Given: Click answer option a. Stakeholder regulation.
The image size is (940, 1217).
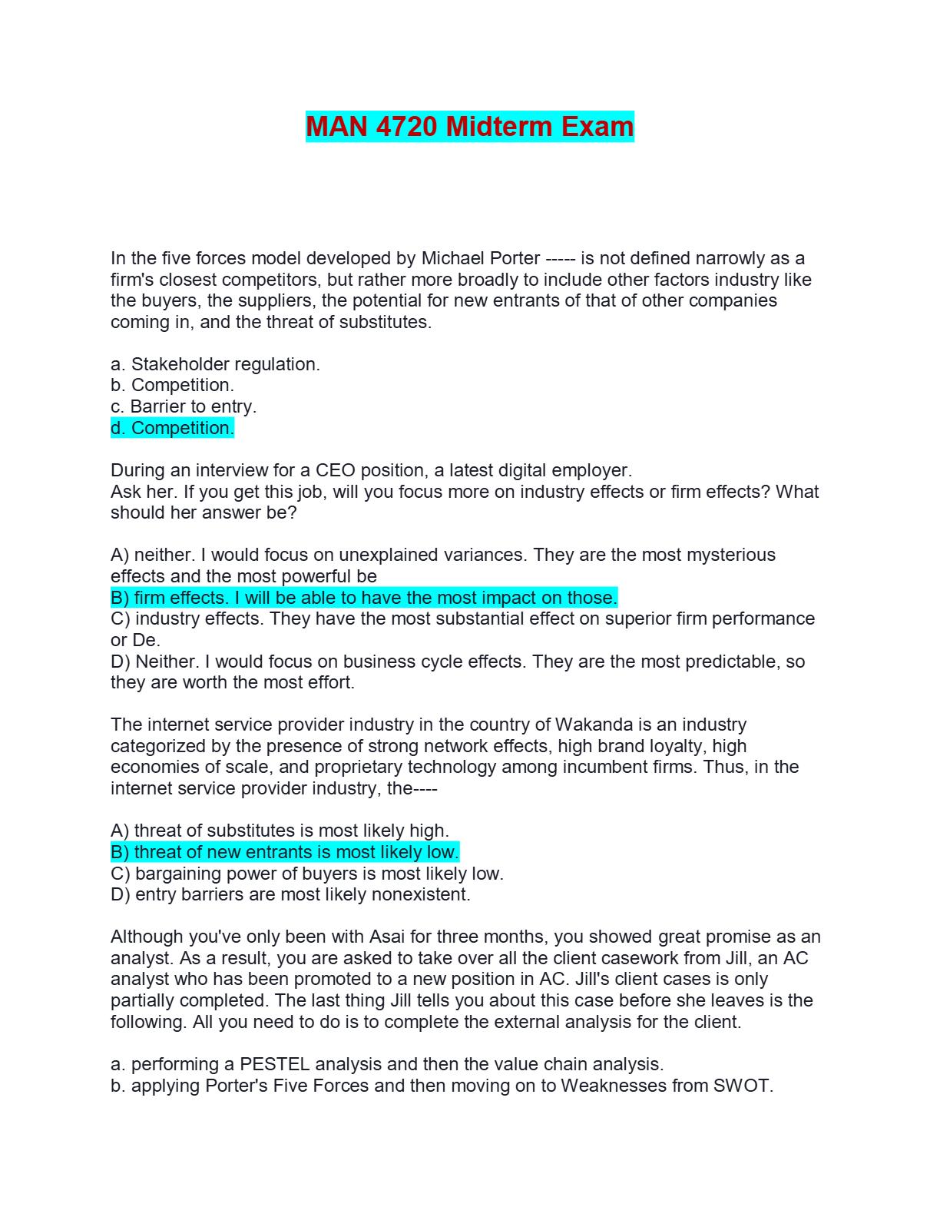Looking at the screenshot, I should point(215,364).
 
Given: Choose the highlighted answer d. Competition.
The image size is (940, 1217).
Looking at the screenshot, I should point(172,428).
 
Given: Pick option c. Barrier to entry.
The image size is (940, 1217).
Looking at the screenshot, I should point(184,406).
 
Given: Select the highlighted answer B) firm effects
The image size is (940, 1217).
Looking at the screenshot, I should point(364,598).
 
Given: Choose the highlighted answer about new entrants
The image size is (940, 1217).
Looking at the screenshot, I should point(285,852).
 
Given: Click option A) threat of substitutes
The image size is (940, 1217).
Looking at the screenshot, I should point(280,831).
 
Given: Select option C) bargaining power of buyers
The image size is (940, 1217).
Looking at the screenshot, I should point(307,874).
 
